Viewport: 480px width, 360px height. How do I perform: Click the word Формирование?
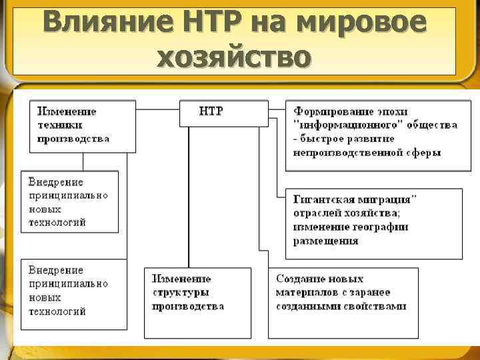[330, 111]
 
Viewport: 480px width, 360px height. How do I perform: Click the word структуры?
[181, 292]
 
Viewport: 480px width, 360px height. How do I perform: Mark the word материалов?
[304, 292]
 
